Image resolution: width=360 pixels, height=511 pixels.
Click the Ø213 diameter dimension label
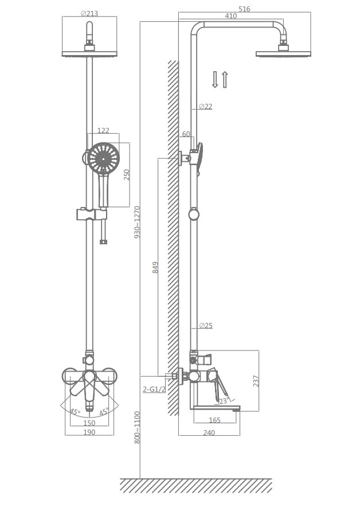point(89,13)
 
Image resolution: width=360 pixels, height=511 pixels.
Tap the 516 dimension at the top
point(244,9)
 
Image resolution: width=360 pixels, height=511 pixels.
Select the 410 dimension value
point(230,15)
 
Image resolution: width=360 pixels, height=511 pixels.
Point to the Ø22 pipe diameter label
point(205,106)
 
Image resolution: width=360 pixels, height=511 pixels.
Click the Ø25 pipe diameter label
point(206,325)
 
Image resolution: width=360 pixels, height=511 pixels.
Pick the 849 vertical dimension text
point(155,267)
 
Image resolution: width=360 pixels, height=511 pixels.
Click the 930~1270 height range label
point(137,222)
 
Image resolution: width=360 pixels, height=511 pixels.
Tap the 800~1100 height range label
point(137,427)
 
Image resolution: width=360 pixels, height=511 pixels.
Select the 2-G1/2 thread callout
point(154,389)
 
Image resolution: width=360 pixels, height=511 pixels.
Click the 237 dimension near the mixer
point(256,381)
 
